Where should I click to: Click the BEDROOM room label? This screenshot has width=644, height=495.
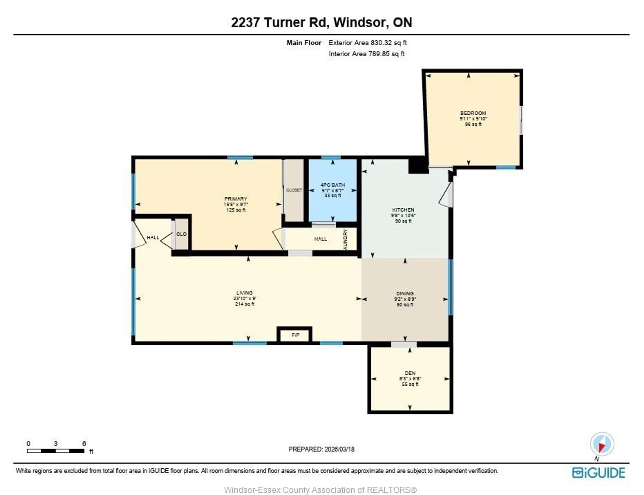click(473, 113)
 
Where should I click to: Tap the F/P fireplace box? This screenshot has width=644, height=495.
click(295, 335)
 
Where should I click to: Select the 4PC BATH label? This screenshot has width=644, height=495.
click(332, 185)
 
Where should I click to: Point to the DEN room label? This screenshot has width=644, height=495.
click(410, 373)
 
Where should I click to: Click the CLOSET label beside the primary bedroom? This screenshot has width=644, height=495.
click(294, 190)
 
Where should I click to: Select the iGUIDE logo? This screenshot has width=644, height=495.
click(598, 473)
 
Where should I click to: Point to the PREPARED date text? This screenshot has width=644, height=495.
click(321, 449)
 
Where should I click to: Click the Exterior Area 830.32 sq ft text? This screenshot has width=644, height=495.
click(367, 43)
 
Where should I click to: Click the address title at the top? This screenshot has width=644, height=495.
click(321, 22)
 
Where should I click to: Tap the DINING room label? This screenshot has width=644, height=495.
click(405, 293)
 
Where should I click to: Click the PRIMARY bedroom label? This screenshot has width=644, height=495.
click(236, 199)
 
